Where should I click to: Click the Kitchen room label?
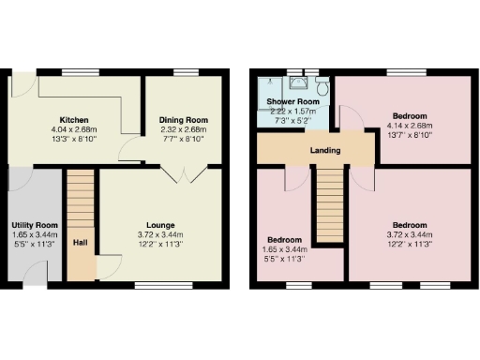(74, 120)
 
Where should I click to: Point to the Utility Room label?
(35, 226)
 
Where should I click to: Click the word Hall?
(81, 244)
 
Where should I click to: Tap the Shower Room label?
(289, 100)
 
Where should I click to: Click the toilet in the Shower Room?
(322, 86)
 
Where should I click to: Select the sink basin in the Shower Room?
(298, 83)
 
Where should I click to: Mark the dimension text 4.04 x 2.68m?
(74, 129)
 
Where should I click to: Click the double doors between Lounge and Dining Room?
(181, 172)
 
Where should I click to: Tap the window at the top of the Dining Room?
(185, 72)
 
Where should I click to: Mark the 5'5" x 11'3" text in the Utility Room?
(35, 244)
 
